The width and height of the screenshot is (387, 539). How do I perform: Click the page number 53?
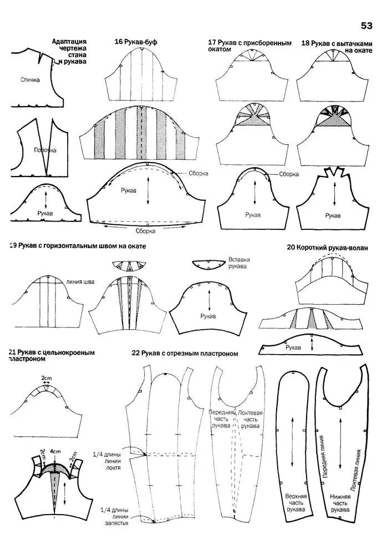pos(366,26)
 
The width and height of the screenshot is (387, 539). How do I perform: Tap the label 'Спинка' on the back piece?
pos(30,80)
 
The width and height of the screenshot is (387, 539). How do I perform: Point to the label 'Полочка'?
pos(44,150)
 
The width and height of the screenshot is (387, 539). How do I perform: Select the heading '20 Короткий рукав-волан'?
pos(327,247)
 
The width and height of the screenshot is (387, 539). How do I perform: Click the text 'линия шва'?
pos(80,281)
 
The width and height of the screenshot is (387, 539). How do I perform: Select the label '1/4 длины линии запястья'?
pos(115,516)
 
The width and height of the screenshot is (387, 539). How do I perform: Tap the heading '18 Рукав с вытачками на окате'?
pos(335,46)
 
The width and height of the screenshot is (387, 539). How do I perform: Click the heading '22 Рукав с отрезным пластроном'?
pos(185,352)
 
